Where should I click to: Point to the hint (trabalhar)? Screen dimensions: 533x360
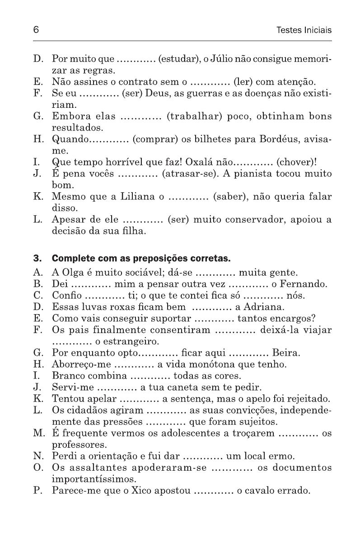coord(195,116)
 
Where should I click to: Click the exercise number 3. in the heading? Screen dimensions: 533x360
coord(37,259)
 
